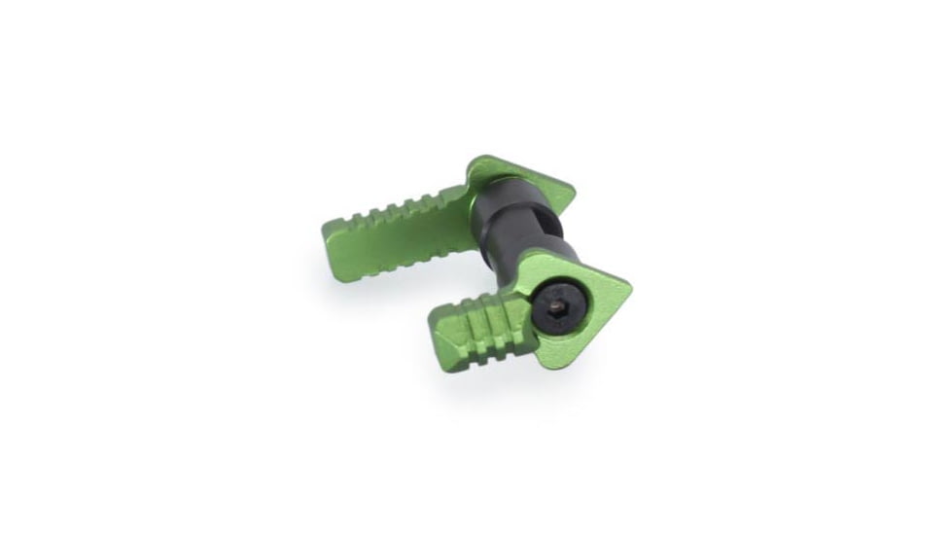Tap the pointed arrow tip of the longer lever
click(x=572, y=191)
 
